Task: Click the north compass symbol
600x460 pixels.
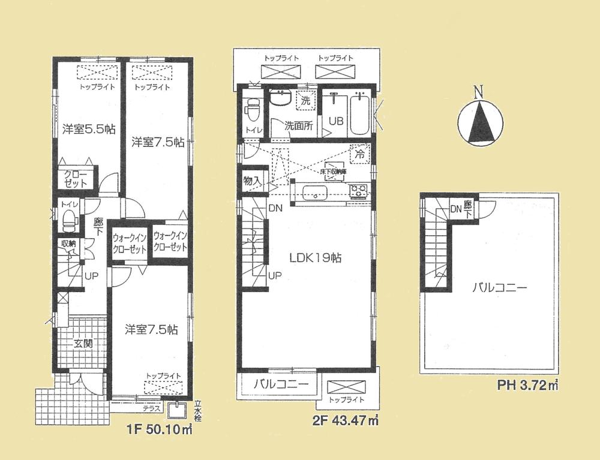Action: tap(478, 122)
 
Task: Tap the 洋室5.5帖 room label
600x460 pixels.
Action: tap(89, 128)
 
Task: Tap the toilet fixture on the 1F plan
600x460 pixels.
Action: tap(68, 219)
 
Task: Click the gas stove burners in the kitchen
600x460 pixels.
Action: tap(358, 191)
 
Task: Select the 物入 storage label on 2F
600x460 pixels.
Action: tap(251, 179)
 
